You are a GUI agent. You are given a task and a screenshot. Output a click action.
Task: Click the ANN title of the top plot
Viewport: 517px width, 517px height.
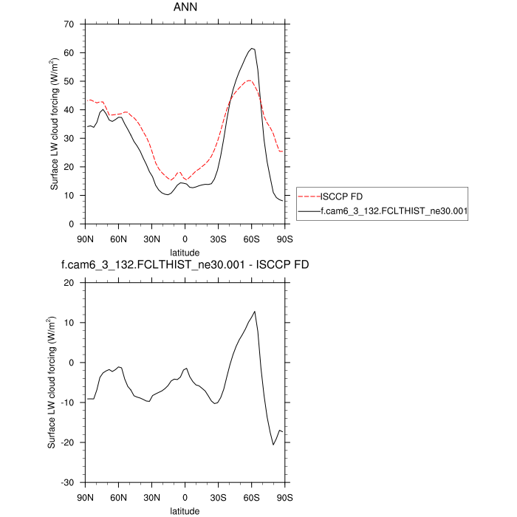185,9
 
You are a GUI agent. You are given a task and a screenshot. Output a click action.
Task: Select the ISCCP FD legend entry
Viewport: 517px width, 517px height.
340,196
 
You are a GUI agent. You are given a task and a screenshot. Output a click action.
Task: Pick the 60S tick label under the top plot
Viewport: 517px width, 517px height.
252,239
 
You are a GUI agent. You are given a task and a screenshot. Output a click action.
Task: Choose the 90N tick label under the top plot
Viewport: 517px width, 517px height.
85,239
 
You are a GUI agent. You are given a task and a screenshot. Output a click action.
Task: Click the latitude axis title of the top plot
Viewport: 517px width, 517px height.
185,251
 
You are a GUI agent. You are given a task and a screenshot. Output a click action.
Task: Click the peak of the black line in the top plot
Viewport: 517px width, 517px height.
252,49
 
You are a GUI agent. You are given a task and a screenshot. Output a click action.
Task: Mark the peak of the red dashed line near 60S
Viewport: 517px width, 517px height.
250,81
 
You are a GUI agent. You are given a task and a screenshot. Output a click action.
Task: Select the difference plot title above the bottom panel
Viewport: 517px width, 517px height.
185,267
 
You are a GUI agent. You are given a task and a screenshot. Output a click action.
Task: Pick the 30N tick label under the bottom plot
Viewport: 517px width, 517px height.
151,497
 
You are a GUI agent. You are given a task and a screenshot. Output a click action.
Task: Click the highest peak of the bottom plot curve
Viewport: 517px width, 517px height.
255,312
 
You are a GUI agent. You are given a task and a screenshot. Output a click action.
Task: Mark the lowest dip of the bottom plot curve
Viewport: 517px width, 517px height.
273,445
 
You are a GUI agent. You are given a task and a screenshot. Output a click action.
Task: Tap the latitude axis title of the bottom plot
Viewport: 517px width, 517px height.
185,510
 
